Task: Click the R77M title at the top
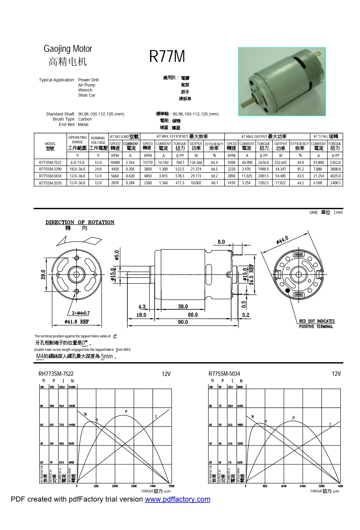[167, 56]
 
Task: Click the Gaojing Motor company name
[68, 49]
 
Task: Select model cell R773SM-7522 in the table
[50, 162]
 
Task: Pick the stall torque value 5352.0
[335, 162]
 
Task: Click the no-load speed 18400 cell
[115, 162]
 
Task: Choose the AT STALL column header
[326, 136]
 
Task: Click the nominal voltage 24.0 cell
[98, 169]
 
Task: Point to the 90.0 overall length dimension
[183, 322]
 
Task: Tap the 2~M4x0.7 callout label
[81, 313]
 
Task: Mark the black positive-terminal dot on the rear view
[288, 290]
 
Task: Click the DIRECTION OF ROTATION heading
[80, 222]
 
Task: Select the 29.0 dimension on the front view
[43, 274]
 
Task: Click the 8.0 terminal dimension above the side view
[221, 242]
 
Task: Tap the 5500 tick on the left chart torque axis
[171, 486]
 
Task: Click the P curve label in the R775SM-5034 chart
[294, 418]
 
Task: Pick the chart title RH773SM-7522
[56, 374]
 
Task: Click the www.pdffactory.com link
[178, 499]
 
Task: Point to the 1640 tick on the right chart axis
[283, 486]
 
